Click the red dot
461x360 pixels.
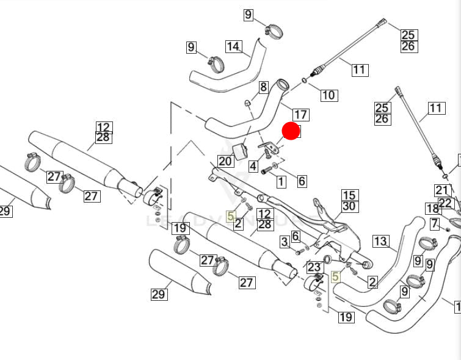[291, 131]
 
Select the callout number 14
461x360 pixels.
[233, 46]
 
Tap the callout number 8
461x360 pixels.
[264, 87]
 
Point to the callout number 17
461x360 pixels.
[300, 114]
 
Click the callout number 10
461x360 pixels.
[329, 95]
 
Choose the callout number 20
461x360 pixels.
[225, 161]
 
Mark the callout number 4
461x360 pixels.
[253, 166]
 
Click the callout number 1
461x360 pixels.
[281, 181]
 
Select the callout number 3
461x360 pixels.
[285, 242]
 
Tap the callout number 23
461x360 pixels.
[314, 267]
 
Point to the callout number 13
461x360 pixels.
[380, 242]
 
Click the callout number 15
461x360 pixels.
[349, 195]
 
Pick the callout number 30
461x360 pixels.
[349, 206]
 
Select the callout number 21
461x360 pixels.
[442, 190]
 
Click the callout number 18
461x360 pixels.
[433, 209]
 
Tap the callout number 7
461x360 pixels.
[434, 223]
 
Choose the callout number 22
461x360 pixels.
[446, 203]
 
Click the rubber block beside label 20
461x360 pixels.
[241, 150]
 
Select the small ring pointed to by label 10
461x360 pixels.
[304, 80]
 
